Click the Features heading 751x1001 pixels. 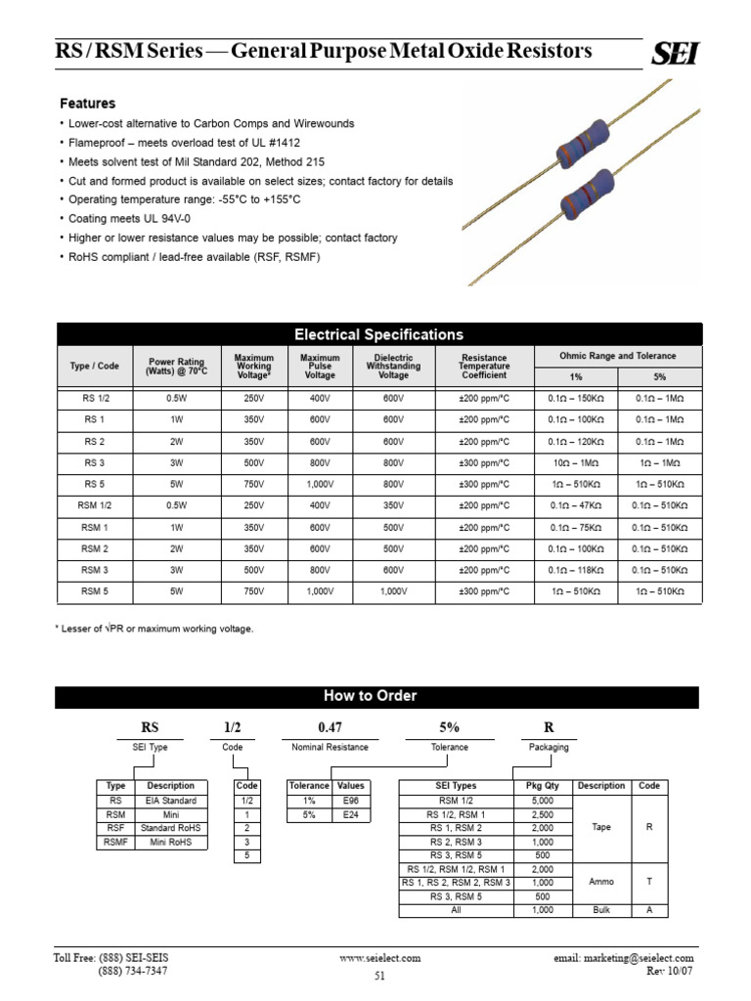88,104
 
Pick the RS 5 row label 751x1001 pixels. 95,483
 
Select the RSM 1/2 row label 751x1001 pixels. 95,505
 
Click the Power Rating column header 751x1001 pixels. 176,367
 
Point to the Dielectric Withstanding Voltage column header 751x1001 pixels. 393,367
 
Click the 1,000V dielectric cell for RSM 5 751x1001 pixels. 393,591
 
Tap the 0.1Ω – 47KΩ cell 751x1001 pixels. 576,505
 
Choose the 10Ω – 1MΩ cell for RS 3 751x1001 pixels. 576,462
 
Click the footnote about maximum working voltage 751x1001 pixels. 155,629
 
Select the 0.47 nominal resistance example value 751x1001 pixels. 330,726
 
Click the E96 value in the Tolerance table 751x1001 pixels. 350,800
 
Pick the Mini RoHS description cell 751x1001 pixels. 171,842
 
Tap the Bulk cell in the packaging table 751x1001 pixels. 601,910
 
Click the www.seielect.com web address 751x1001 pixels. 380,958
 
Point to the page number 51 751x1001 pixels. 379,976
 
